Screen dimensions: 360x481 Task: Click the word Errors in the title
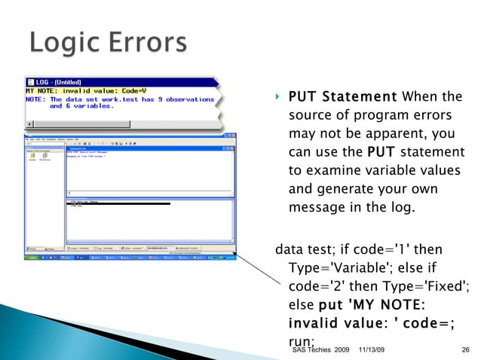[149, 43]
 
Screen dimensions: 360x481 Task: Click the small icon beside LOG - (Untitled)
[31, 81]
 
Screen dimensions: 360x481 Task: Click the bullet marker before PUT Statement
[277, 97]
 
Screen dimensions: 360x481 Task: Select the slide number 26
[464, 351]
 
